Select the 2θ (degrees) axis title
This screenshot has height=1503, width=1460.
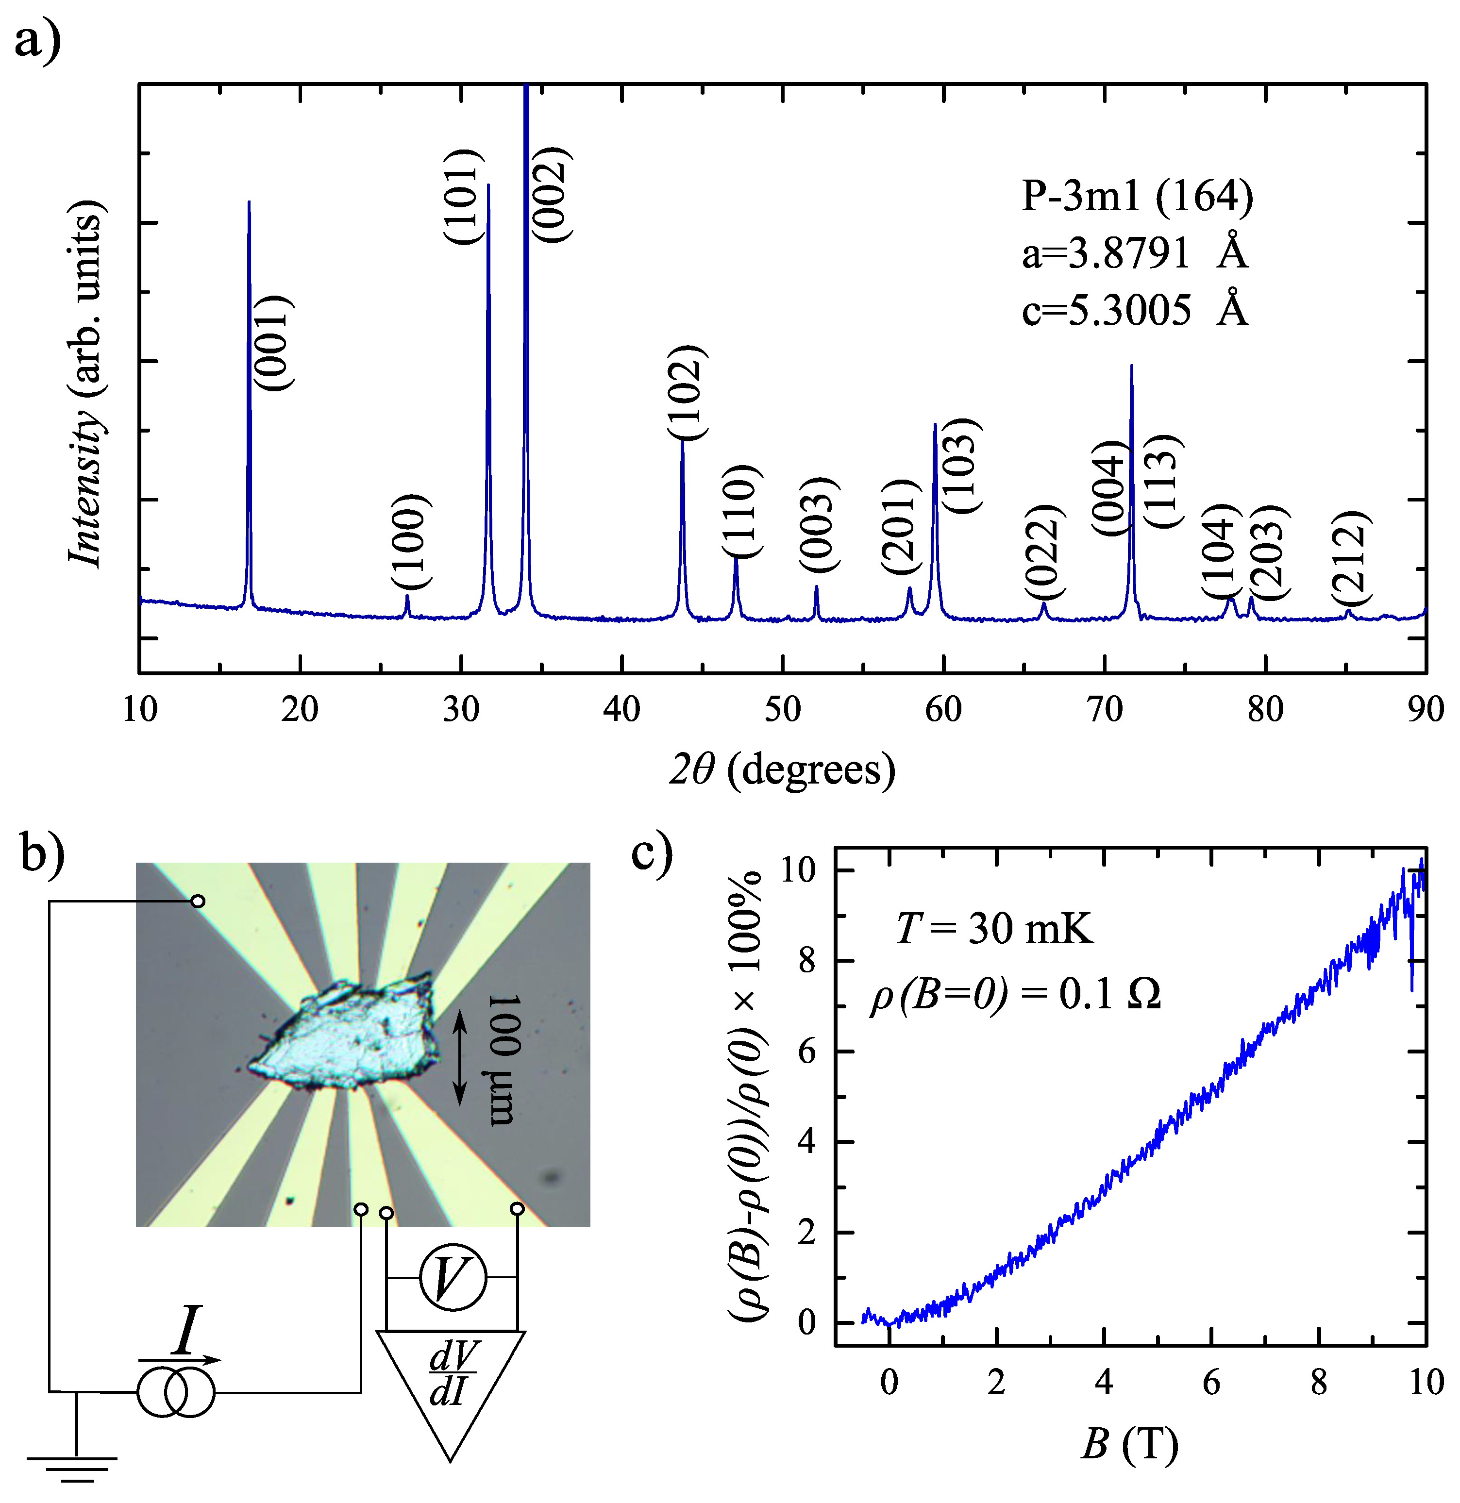pyautogui.click(x=782, y=769)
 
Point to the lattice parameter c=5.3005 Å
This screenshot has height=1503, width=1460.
pyautogui.click(x=1135, y=311)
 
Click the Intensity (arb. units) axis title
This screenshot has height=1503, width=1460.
pyautogui.click(x=86, y=384)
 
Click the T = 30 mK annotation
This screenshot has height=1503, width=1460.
pyautogui.click(x=994, y=929)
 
